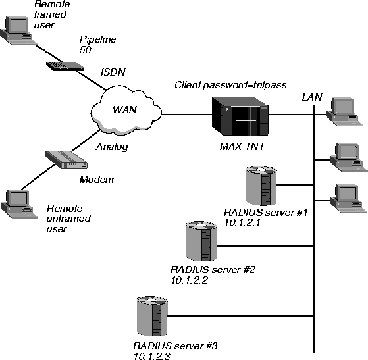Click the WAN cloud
pyautogui.click(x=126, y=111)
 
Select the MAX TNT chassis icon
pyautogui.click(x=240, y=116)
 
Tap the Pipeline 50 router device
pyautogui.click(x=65, y=66)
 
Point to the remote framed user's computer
pyautogui.click(x=18, y=30)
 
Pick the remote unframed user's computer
pyautogui.click(x=19, y=204)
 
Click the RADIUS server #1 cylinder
pyautogui.click(x=261, y=186)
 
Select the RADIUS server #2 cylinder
pyautogui.click(x=201, y=241)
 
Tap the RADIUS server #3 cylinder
pyautogui.click(x=152, y=316)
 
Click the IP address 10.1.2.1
pyautogui.click(x=242, y=222)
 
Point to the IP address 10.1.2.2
pyautogui.click(x=190, y=280)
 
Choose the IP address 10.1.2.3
pyautogui.click(x=152, y=356)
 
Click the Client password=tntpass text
pyautogui.click(x=230, y=85)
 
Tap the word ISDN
pyautogui.click(x=113, y=72)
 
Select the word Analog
pyautogui.click(x=112, y=147)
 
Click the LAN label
pyautogui.click(x=312, y=97)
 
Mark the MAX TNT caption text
pyautogui.click(x=242, y=147)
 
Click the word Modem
pyautogui.click(x=97, y=180)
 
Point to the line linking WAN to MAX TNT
pyautogui.click(x=187, y=115)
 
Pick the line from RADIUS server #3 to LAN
pyautogui.click(x=241, y=316)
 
